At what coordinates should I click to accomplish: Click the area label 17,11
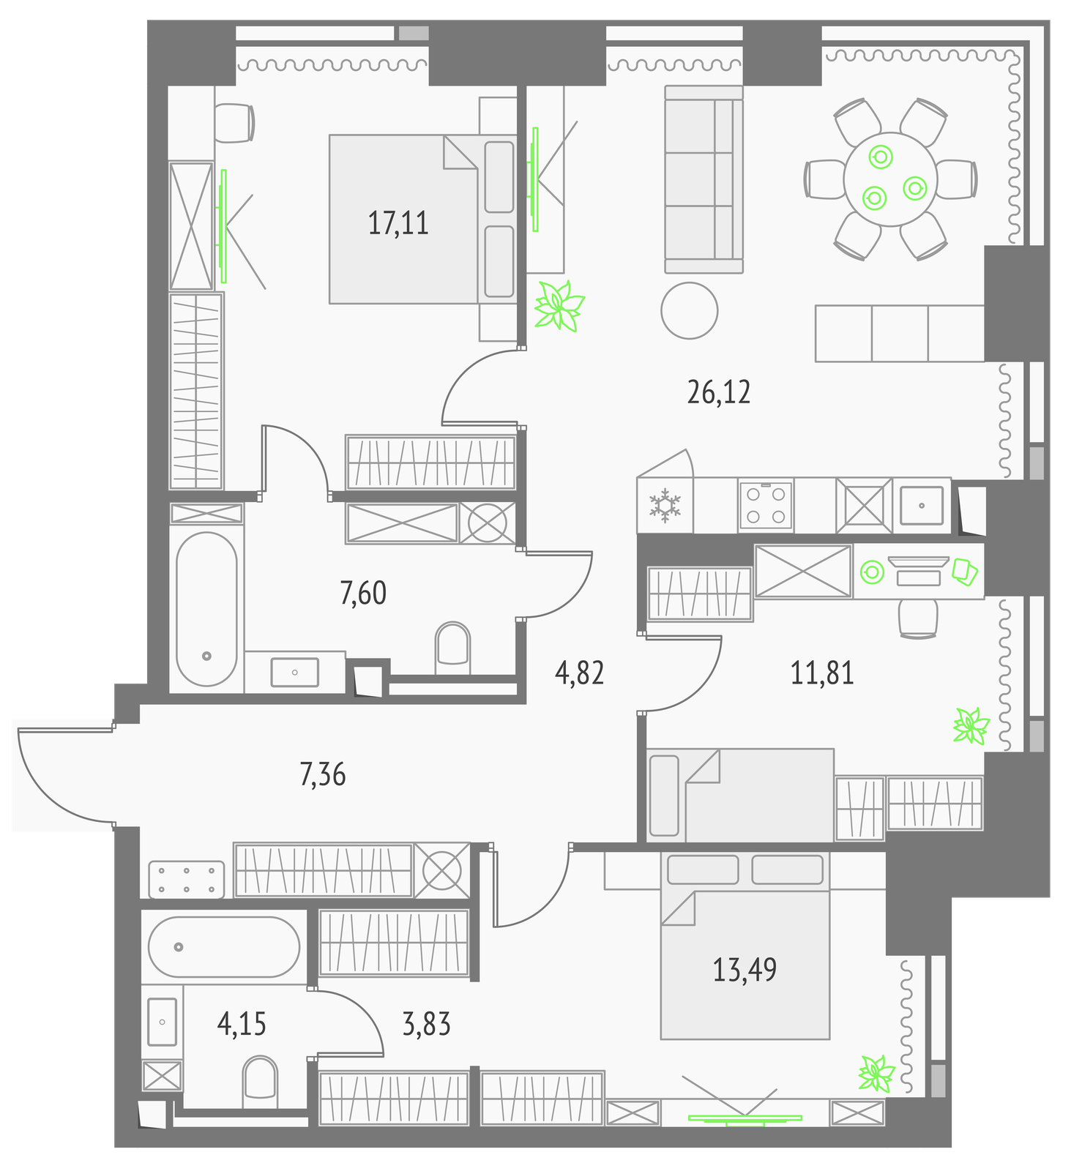[398, 222]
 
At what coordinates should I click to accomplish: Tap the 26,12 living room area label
[719, 392]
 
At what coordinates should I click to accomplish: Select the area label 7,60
[363, 593]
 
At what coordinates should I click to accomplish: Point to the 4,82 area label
[580, 673]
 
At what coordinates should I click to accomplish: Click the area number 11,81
[822, 673]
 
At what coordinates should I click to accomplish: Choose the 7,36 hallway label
[323, 774]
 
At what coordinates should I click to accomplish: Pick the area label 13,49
[745, 969]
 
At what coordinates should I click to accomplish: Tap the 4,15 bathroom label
[242, 1023]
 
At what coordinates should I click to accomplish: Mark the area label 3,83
[427, 1024]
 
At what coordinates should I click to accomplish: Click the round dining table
[890, 179]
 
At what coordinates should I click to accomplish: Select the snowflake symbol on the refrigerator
[665, 505]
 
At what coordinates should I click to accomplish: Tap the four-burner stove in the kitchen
[766, 504]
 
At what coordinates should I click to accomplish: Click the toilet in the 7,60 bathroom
[452, 648]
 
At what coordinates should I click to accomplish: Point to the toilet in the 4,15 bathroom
[260, 1082]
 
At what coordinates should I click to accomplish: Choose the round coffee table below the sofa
[690, 310]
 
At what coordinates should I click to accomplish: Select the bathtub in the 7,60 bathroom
[207, 609]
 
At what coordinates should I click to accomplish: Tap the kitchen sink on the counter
[922, 504]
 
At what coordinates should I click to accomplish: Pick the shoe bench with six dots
[187, 880]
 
